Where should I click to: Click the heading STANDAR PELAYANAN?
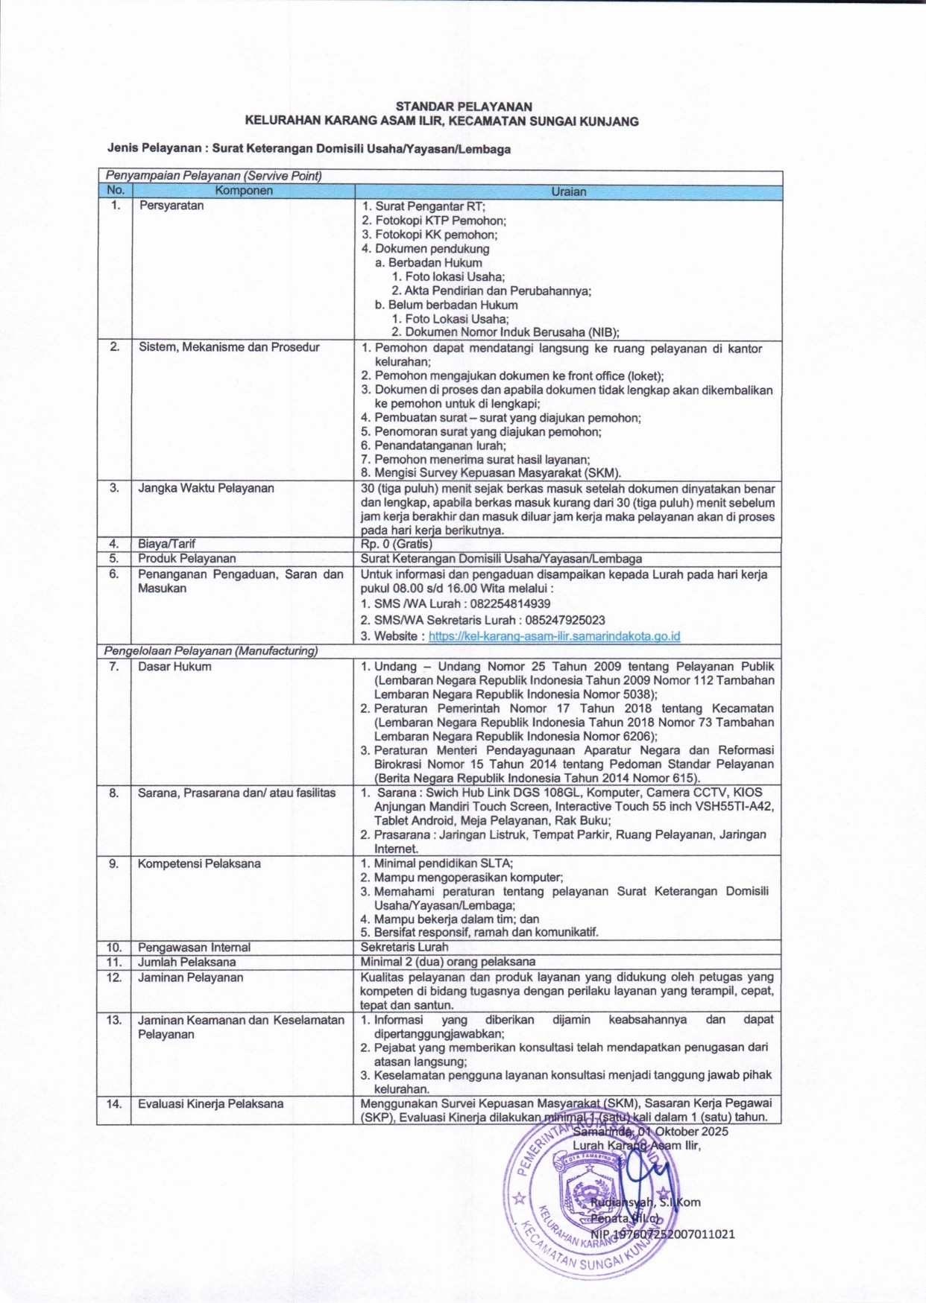[463, 107]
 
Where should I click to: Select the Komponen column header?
[244, 191]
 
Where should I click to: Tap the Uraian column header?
[568, 191]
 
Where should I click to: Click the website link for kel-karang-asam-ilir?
[554, 636]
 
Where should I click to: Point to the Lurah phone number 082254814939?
[503, 604]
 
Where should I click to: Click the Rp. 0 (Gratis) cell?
[396, 544]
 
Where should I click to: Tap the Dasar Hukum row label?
[174, 667]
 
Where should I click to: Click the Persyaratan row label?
[171, 206]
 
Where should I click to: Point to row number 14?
[113, 1103]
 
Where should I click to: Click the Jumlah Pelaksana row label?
[186, 962]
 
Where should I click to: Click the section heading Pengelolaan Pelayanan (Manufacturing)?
[211, 651]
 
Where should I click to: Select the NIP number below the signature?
[662, 1234]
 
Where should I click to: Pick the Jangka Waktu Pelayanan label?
[206, 488]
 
